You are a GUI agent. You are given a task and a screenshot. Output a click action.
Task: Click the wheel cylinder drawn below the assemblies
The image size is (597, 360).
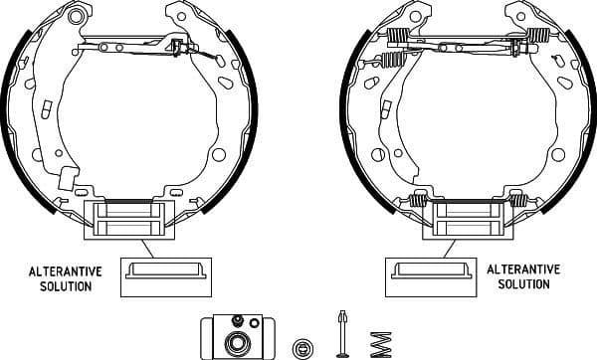click(238, 335)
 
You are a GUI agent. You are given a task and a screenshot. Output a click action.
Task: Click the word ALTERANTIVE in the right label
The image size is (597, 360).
click(523, 270)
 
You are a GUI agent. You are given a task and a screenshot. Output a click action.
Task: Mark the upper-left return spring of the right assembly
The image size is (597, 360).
click(397, 39)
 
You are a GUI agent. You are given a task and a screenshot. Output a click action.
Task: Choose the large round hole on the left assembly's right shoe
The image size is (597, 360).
click(219, 154)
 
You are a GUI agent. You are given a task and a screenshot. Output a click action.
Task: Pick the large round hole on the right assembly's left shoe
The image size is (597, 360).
click(377, 154)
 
